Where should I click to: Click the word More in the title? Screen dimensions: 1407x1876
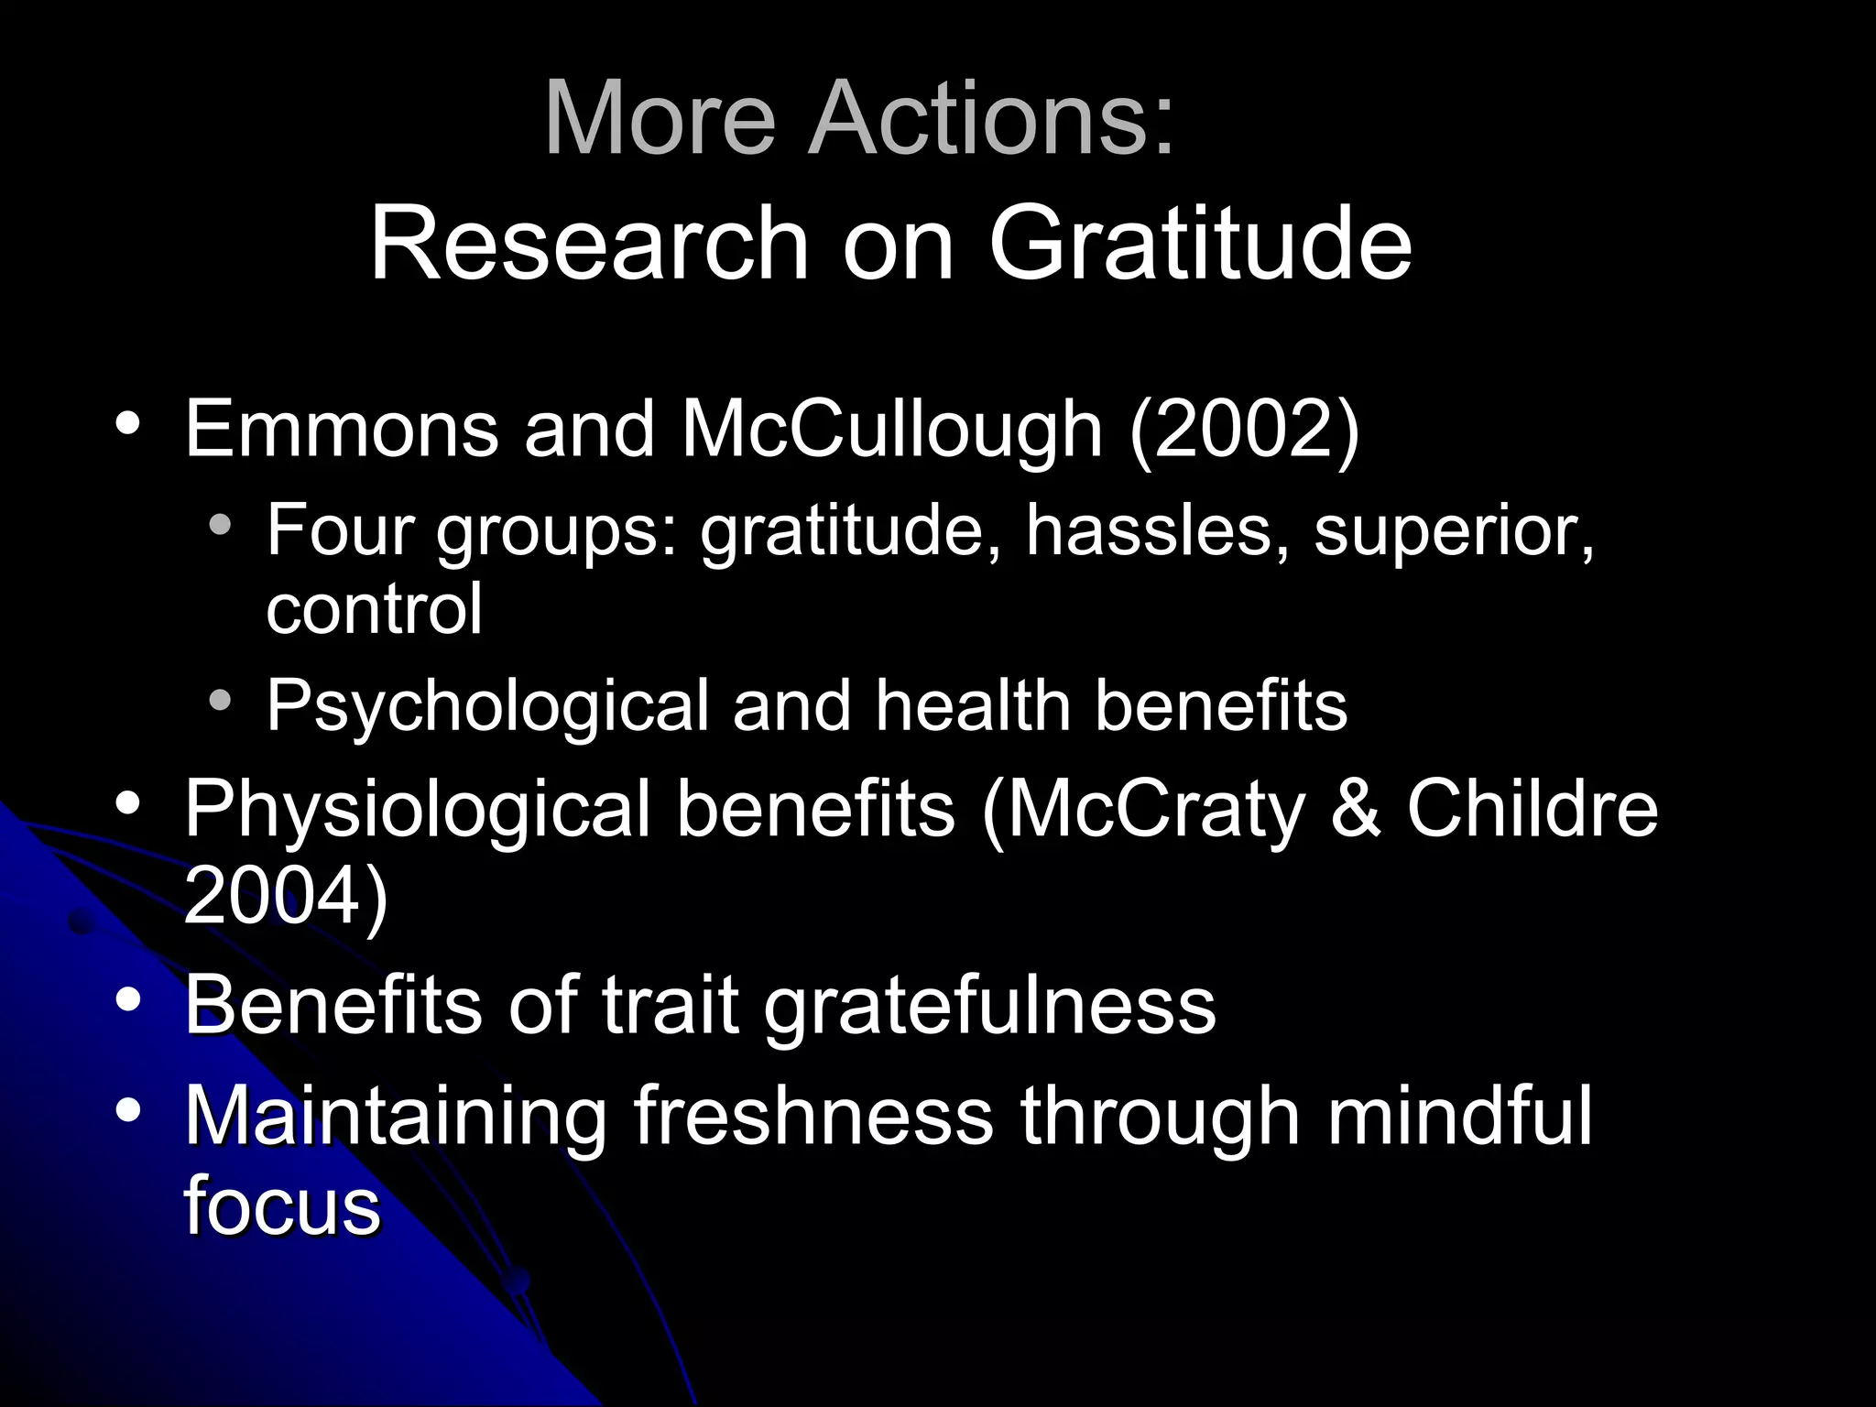(x=660, y=119)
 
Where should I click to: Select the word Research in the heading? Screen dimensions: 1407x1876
(x=589, y=244)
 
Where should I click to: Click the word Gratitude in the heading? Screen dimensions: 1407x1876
(x=1200, y=244)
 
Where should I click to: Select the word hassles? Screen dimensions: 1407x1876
(x=1156, y=531)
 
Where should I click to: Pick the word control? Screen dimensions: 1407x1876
(x=374, y=610)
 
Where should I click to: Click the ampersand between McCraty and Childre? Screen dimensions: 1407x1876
(x=1355, y=808)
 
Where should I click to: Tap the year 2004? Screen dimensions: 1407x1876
(x=274, y=896)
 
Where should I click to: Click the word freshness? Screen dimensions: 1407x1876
(x=813, y=1116)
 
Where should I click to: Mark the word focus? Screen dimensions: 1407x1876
(x=282, y=1205)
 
